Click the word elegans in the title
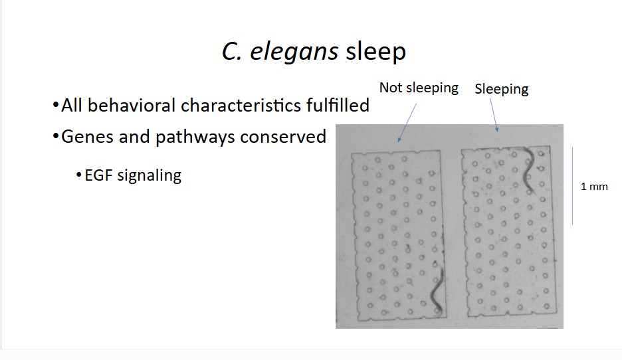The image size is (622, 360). click(294, 52)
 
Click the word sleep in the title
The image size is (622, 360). click(375, 52)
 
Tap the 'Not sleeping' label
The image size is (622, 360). click(419, 88)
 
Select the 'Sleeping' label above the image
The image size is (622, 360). click(502, 89)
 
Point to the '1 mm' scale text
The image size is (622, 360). click(594, 187)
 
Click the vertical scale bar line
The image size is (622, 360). click(572, 186)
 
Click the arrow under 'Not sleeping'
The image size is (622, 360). click(407, 123)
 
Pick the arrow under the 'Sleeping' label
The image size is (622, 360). click(494, 115)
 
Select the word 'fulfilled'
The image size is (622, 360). click(338, 106)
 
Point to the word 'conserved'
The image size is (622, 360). click(283, 137)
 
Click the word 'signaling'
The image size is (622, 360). click(150, 175)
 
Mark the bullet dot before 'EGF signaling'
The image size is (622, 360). click(78, 175)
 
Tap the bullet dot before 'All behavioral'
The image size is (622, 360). click(55, 106)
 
